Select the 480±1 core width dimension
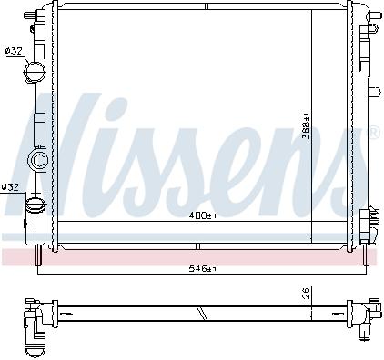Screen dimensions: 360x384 tap(202, 215)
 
